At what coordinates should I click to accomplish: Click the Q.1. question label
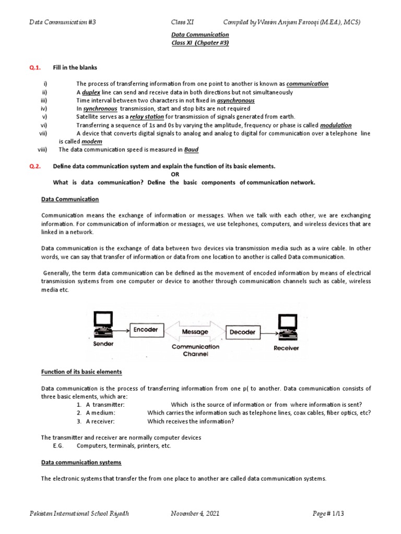point(35,68)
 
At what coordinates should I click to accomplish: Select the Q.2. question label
point(35,166)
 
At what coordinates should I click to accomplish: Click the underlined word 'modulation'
point(336,125)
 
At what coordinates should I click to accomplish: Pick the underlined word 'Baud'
point(191,150)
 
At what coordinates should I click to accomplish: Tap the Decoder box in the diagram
point(242,332)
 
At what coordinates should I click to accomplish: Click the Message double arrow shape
point(195,332)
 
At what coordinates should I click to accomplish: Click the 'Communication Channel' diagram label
point(195,350)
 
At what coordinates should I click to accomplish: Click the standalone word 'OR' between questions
point(175,174)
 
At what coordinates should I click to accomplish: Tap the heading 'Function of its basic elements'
point(81,372)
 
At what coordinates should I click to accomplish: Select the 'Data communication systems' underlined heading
point(81,463)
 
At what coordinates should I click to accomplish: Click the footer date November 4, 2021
point(195,514)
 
